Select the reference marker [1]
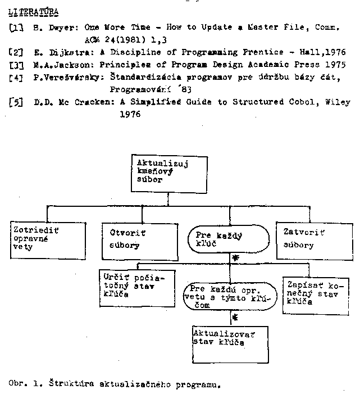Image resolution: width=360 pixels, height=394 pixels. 17,27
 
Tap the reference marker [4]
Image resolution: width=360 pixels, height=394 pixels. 17,78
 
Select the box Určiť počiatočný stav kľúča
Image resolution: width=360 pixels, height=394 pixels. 129,287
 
